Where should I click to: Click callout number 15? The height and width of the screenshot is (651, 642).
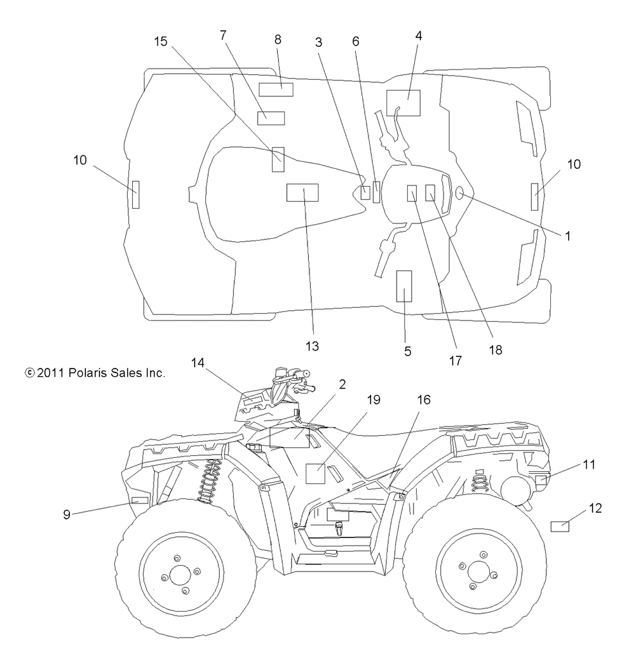pyautogui.click(x=160, y=42)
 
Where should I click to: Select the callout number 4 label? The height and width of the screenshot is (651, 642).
pyautogui.click(x=419, y=36)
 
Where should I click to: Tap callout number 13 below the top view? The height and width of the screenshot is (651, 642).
pyautogui.click(x=312, y=346)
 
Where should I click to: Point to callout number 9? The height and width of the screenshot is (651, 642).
pyautogui.click(x=66, y=514)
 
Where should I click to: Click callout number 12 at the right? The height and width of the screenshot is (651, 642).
pyautogui.click(x=596, y=508)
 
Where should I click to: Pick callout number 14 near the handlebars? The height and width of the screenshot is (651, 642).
pyautogui.click(x=198, y=363)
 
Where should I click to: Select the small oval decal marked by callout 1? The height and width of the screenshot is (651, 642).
pyautogui.click(x=459, y=193)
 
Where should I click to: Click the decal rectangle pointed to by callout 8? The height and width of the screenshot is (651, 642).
pyautogui.click(x=275, y=90)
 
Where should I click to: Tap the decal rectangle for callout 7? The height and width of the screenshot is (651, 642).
pyautogui.click(x=271, y=118)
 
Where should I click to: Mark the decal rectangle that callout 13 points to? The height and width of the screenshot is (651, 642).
pyautogui.click(x=302, y=193)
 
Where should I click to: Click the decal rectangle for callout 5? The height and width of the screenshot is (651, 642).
pyautogui.click(x=404, y=286)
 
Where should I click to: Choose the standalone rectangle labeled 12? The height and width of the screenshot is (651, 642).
pyautogui.click(x=560, y=526)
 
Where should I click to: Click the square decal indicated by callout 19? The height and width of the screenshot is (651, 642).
pyautogui.click(x=315, y=474)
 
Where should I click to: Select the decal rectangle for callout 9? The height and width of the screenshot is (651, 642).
pyautogui.click(x=140, y=500)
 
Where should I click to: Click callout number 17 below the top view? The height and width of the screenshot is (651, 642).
pyautogui.click(x=455, y=361)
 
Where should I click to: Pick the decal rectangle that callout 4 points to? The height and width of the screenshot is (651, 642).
pyautogui.click(x=403, y=103)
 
